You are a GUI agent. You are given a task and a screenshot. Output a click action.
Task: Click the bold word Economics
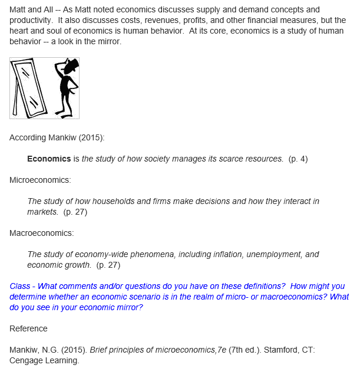pos(49,159)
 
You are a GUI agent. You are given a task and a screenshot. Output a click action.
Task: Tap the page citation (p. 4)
pos(298,159)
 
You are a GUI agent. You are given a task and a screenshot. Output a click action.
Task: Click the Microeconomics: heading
pos(40,180)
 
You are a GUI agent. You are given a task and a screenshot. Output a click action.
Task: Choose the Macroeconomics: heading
pos(42,233)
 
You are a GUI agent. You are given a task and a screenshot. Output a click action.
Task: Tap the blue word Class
pos(20,286)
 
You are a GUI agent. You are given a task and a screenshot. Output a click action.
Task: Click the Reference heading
pos(28,328)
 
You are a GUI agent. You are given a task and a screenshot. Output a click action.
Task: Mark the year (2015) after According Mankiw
pos(92,137)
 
